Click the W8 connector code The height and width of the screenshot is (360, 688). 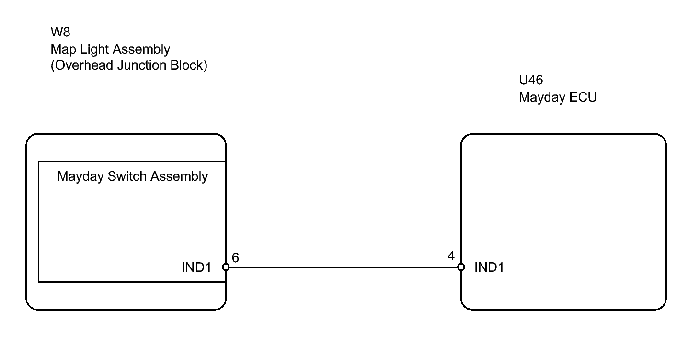click(x=60, y=32)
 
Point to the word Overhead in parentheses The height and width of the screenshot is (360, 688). click(x=82, y=65)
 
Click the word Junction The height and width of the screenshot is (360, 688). click(x=142, y=65)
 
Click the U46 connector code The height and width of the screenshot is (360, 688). click(x=531, y=80)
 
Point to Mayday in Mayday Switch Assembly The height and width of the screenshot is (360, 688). click(x=80, y=177)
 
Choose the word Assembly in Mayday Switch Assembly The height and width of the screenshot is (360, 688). click(x=179, y=177)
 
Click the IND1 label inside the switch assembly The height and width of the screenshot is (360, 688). click(x=196, y=267)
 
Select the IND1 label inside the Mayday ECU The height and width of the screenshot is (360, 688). click(x=489, y=267)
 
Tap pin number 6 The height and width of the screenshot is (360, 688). click(x=235, y=257)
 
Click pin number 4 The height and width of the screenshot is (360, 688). click(x=451, y=256)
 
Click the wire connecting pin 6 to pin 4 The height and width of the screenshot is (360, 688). click(x=344, y=267)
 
